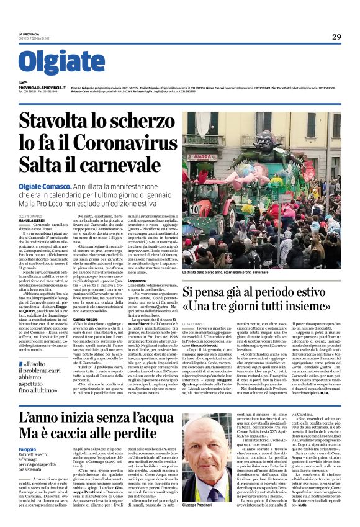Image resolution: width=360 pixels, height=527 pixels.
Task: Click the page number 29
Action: (336, 37)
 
